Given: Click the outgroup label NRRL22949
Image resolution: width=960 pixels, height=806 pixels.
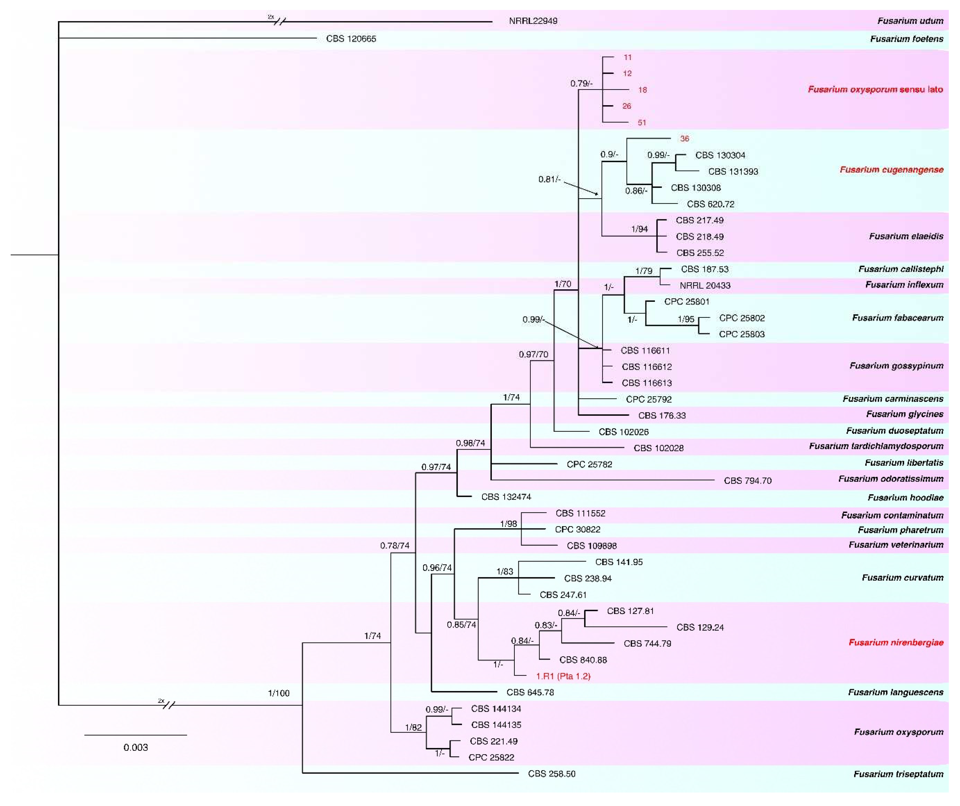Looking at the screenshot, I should coord(533,21).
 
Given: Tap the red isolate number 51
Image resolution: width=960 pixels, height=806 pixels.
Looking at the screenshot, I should coord(642,122).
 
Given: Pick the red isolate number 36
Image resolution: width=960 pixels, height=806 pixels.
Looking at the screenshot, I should coord(684,139).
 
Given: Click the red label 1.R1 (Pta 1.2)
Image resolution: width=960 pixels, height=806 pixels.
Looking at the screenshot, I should coord(563,676).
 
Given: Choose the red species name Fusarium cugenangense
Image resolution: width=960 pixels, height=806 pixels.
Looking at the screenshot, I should coord(892,170).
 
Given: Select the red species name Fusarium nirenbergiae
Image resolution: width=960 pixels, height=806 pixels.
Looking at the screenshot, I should coord(896,643).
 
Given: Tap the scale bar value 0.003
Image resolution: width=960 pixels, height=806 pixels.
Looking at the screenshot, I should coord(136,747).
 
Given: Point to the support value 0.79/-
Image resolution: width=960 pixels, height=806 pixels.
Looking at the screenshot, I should coord(581,84).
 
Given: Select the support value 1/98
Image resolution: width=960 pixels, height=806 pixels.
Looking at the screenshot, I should coord(508,524).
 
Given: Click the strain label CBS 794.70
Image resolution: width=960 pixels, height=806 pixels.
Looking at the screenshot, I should coord(748,481).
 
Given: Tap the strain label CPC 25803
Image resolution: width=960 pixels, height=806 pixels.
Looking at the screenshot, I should coord(741,334).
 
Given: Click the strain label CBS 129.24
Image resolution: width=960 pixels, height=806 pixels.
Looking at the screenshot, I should coord(700,627).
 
